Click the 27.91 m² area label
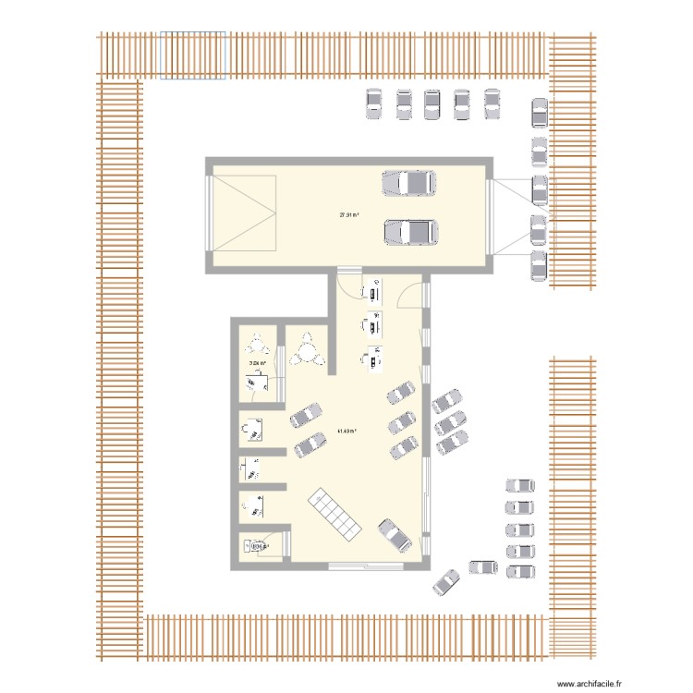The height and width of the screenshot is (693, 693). coord(349,215)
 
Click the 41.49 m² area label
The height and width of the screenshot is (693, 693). coord(348,431)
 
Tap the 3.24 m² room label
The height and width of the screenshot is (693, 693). coord(257,364)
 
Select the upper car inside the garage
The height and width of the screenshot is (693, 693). coord(409,183)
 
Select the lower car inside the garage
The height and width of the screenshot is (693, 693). coord(411,232)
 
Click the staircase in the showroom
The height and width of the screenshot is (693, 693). coord(334,515)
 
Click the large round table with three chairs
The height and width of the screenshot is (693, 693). coord(305,352)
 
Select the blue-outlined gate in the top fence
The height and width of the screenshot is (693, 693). coord(193,55)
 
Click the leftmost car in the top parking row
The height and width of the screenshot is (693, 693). coord(374,103)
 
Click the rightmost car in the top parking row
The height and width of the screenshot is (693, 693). coord(492,103)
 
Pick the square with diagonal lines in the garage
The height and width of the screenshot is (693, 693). coord(245,213)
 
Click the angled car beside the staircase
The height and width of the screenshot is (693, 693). coord(393,534)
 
